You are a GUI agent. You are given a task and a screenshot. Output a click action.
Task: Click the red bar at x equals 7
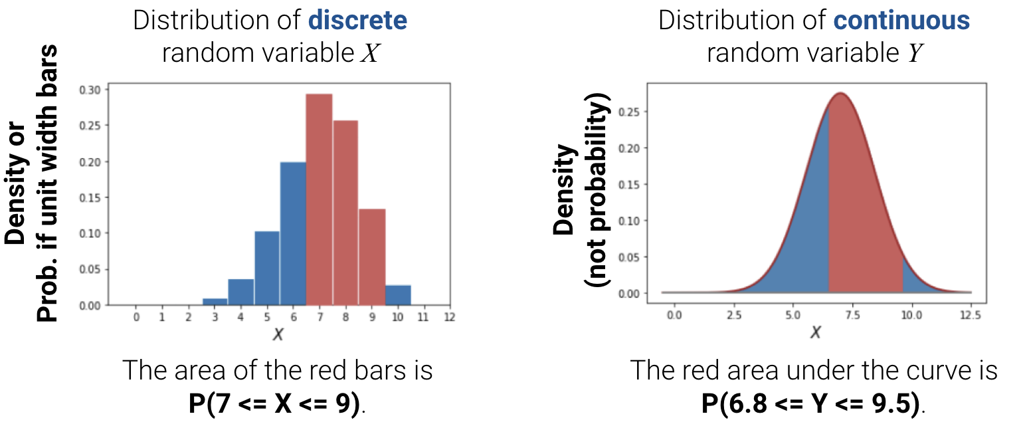click(319, 199)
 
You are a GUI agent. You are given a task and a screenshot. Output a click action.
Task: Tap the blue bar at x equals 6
click(293, 233)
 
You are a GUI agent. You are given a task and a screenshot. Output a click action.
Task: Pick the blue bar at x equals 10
click(398, 295)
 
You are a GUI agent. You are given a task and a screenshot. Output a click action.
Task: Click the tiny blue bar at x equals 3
click(215, 302)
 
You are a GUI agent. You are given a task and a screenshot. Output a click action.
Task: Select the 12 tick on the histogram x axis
click(450, 318)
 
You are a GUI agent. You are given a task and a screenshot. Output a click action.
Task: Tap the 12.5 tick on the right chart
click(971, 314)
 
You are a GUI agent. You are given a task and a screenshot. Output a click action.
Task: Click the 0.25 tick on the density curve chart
click(630, 112)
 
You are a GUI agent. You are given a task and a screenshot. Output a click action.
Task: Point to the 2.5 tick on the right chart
click(733, 314)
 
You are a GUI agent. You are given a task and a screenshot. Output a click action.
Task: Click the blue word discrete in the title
click(357, 21)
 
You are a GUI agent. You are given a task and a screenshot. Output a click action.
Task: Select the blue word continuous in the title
click(901, 21)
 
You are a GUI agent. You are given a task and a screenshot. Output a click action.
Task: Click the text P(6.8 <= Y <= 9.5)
click(813, 403)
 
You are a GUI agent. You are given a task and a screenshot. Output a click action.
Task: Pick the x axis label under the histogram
click(278, 334)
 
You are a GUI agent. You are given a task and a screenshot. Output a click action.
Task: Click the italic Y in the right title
click(915, 53)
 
